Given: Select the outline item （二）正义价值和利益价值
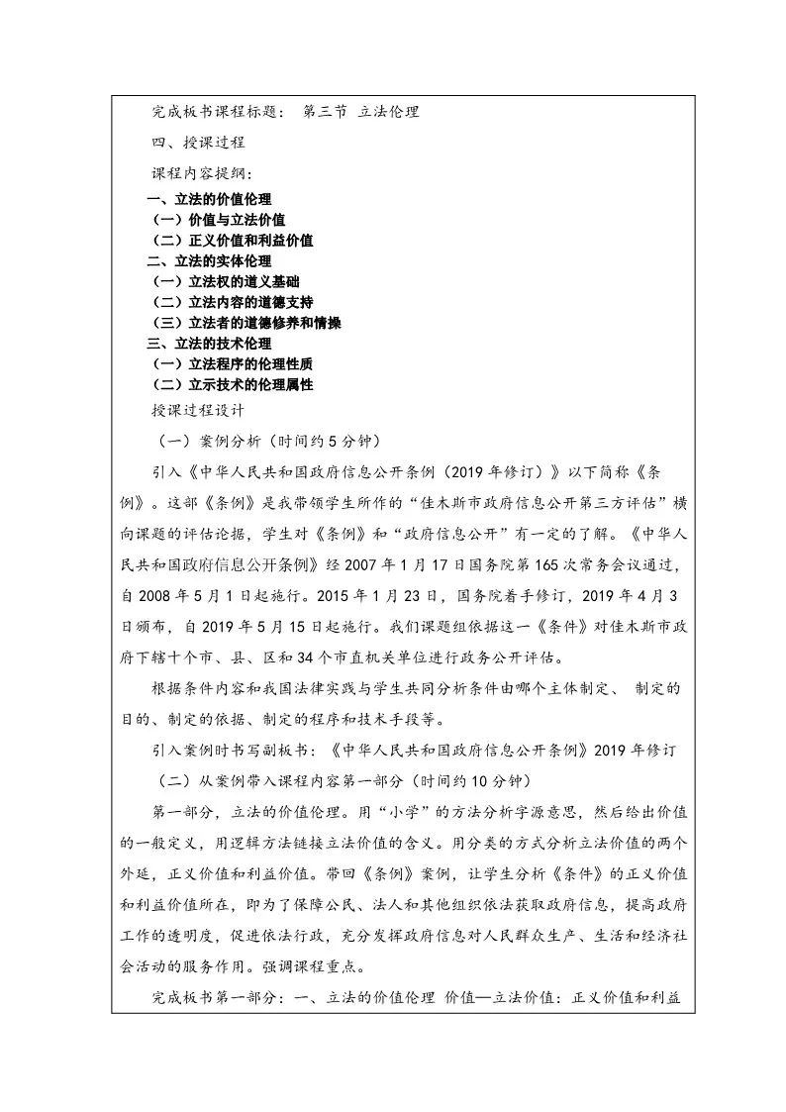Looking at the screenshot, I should point(232,241).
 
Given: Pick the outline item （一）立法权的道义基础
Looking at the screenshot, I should point(232,282).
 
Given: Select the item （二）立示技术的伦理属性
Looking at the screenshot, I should point(232,384).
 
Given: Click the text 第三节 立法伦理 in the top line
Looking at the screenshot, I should point(361,112).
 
